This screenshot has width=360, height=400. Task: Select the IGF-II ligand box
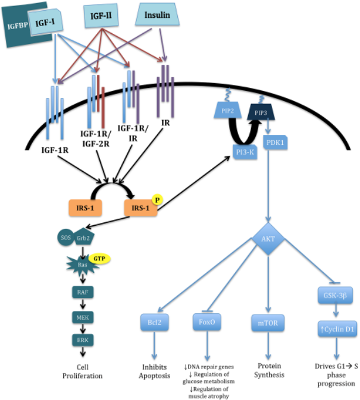coord(101,15)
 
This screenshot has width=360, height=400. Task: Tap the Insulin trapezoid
coord(157,14)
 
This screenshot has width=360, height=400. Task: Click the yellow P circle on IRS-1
coord(157,200)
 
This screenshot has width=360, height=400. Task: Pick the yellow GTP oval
coord(99,259)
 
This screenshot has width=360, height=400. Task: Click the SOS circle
coord(65,238)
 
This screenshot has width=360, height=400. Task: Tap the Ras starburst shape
coord(83,265)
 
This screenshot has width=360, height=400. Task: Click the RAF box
coord(83,292)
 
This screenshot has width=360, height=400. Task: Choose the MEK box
coord(83,317)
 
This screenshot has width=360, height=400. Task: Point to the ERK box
coord(83,340)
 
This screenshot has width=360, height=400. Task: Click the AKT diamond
coord(268,239)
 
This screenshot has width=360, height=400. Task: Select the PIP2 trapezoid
coord(228,111)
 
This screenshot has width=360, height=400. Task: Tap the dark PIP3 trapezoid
coord(261,112)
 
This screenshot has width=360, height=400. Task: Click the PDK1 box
coord(276,142)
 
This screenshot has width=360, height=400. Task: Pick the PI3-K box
coord(245,152)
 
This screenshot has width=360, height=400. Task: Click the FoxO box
coord(207,322)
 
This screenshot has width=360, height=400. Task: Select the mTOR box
coord(268,323)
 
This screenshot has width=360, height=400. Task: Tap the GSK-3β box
coord(335,295)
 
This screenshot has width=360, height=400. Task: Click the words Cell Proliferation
coord(83,371)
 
